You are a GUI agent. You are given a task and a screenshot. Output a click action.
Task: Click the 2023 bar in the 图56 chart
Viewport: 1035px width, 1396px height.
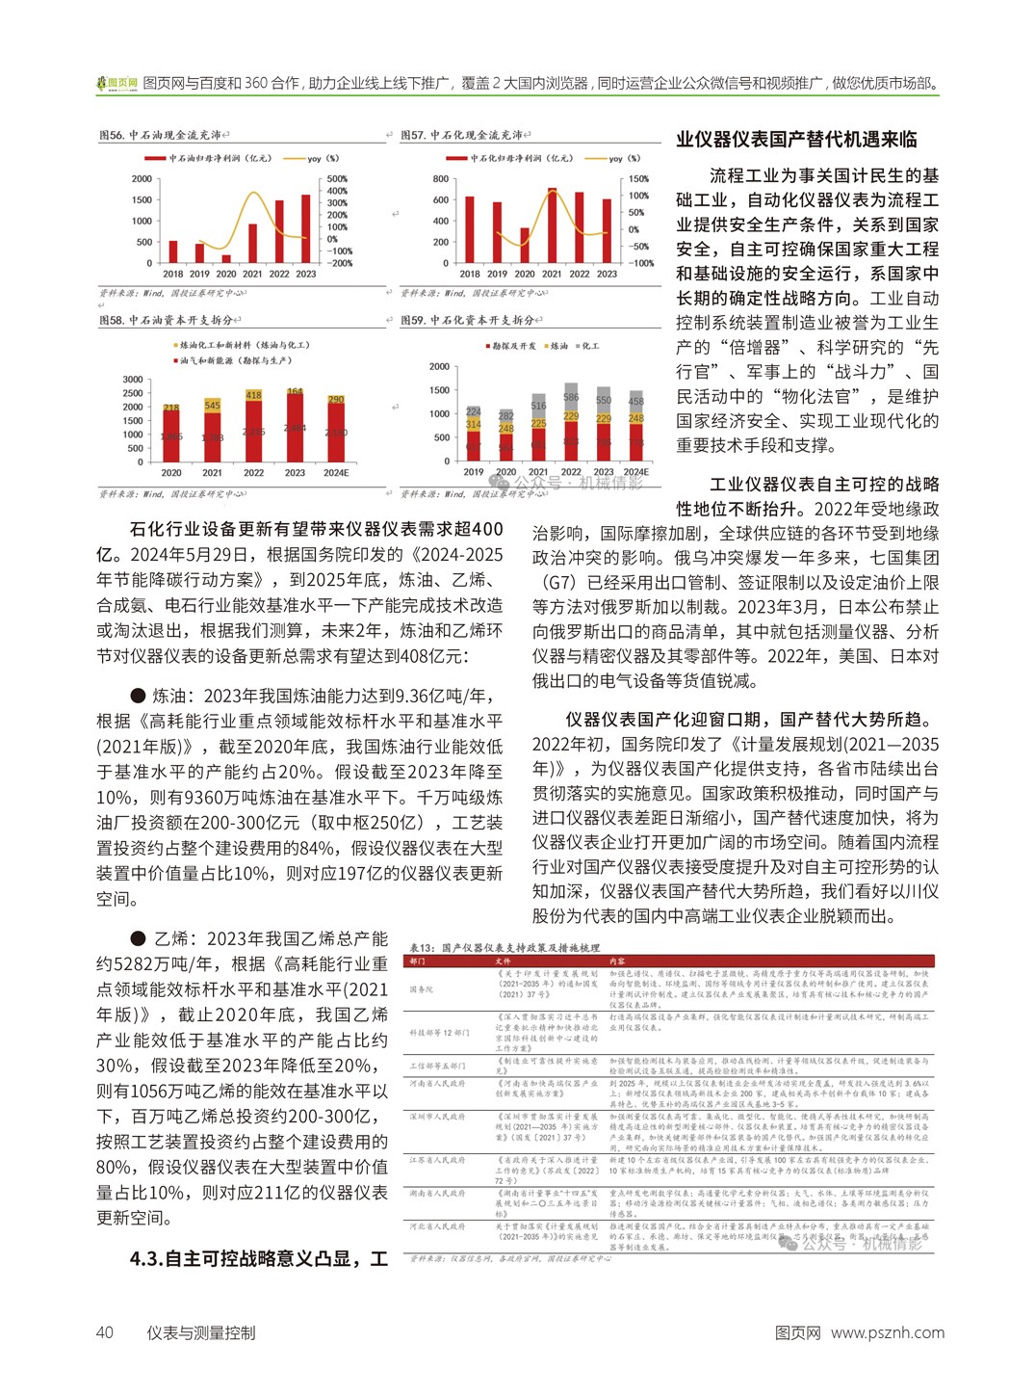tap(306, 229)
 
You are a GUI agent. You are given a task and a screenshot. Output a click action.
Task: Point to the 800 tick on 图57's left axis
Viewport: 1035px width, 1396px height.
tap(441, 179)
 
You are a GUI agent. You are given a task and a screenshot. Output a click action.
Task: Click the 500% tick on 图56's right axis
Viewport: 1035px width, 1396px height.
tap(337, 179)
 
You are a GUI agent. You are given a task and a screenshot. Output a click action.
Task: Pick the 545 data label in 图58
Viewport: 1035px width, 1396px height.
tap(212, 406)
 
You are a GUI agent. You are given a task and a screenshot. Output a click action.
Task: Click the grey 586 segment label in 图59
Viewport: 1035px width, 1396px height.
tap(571, 397)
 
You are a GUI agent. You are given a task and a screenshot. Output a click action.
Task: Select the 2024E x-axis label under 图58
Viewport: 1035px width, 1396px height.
tap(336, 473)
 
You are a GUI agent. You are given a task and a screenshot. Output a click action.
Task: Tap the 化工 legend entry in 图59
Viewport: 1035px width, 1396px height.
tap(586, 346)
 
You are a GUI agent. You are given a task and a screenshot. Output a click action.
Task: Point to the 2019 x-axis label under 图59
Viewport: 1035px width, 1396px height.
tap(474, 472)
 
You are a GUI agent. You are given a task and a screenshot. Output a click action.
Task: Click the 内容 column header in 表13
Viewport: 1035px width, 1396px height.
tap(617, 961)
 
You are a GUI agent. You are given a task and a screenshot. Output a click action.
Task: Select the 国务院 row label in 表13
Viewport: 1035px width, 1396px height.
tap(422, 988)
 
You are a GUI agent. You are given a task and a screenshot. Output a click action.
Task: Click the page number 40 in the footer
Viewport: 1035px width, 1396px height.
tap(105, 1332)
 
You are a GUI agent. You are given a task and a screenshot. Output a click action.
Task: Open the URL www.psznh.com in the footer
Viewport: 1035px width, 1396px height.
tap(887, 1332)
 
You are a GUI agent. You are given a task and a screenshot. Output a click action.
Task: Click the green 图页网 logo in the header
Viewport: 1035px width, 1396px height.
tap(116, 84)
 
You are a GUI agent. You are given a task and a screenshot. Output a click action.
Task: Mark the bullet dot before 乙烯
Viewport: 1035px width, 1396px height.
tap(138, 938)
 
